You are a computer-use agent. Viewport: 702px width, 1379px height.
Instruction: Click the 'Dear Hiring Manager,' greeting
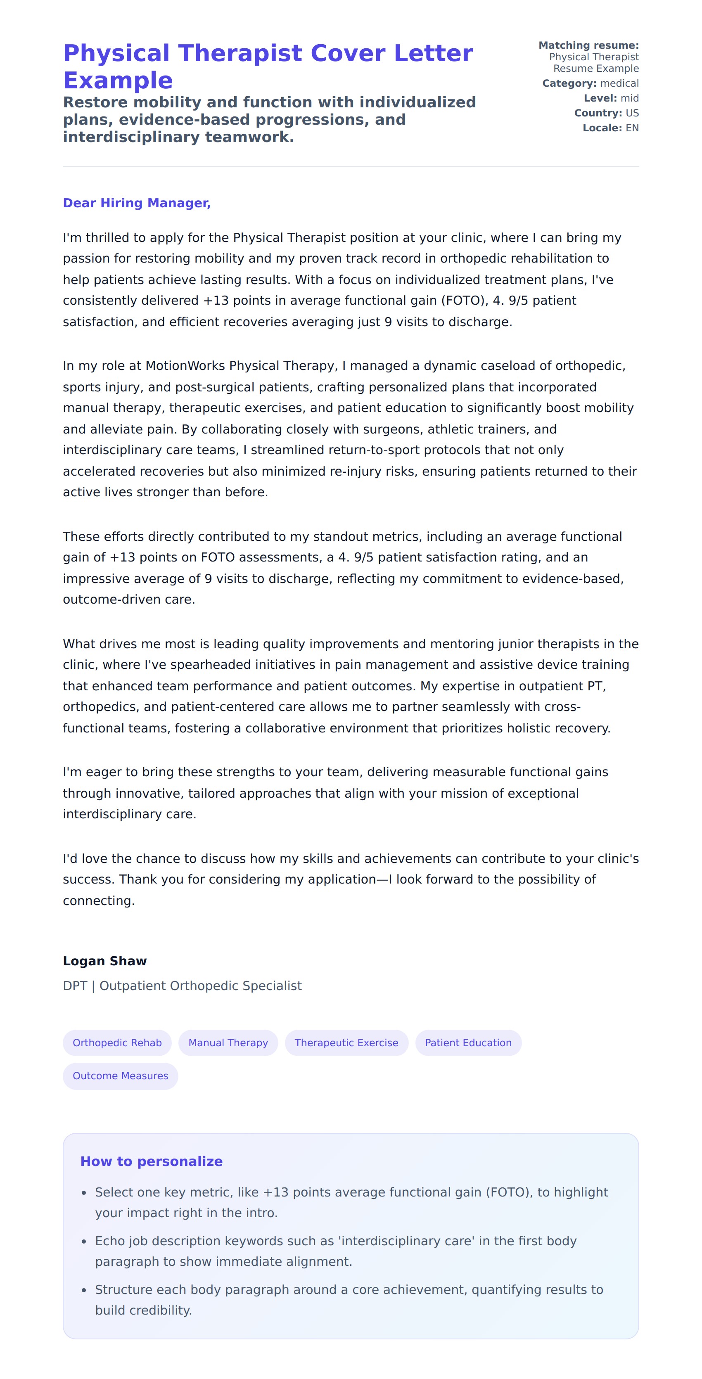pyautogui.click(x=137, y=203)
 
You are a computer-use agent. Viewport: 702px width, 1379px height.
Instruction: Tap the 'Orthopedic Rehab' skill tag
pyautogui.click(x=117, y=1042)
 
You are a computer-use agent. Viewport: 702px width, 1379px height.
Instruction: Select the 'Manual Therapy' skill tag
pyautogui.click(x=228, y=1042)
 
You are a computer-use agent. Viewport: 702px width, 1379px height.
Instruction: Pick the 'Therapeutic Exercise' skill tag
pyautogui.click(x=346, y=1042)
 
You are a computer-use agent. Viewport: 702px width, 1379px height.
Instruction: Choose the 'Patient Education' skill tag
pyautogui.click(x=468, y=1042)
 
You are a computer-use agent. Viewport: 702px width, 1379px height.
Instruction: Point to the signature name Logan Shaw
pyautogui.click(x=104, y=961)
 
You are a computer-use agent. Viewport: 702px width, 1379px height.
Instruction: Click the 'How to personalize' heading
pyautogui.click(x=151, y=1161)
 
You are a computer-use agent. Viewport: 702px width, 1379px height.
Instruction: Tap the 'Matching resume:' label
pyautogui.click(x=588, y=45)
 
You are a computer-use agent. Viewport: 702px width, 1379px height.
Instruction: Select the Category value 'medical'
pyautogui.click(x=619, y=83)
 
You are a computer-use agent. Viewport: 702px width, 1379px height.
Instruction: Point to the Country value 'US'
pyautogui.click(x=632, y=113)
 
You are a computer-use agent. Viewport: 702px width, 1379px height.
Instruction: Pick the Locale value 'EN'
pyautogui.click(x=632, y=128)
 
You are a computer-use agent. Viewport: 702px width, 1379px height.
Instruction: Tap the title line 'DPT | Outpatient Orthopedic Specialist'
pyautogui.click(x=182, y=986)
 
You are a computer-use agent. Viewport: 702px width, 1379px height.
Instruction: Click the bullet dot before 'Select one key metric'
pyautogui.click(x=84, y=1193)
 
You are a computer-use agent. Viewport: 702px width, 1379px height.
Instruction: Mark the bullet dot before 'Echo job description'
pyautogui.click(x=84, y=1242)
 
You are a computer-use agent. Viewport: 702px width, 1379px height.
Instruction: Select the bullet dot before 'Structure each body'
pyautogui.click(x=84, y=1290)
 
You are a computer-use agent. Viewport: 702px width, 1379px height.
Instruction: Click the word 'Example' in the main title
pyautogui.click(x=118, y=80)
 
